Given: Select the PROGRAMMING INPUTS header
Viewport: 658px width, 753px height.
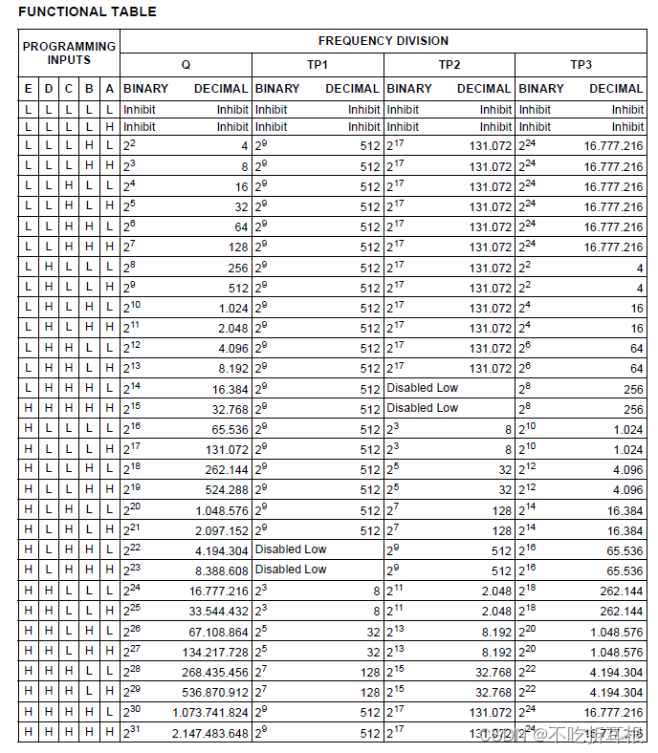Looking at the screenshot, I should click(69, 53).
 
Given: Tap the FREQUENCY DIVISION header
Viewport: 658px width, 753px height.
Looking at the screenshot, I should click(383, 41).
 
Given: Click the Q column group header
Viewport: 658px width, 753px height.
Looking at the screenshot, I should click(186, 65).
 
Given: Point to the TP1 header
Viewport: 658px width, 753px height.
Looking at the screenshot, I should click(318, 65).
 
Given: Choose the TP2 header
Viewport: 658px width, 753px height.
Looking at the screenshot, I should click(450, 65).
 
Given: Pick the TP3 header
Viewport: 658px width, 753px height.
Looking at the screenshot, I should click(581, 65).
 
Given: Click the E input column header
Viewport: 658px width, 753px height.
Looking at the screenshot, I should click(28, 89).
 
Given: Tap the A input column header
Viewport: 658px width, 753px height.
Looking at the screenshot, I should click(110, 89).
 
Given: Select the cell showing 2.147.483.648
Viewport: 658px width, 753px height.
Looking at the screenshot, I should click(210, 733).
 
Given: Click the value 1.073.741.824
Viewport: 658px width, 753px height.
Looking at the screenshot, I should click(210, 713).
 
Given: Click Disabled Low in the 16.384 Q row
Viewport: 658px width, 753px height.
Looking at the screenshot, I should click(423, 388).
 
